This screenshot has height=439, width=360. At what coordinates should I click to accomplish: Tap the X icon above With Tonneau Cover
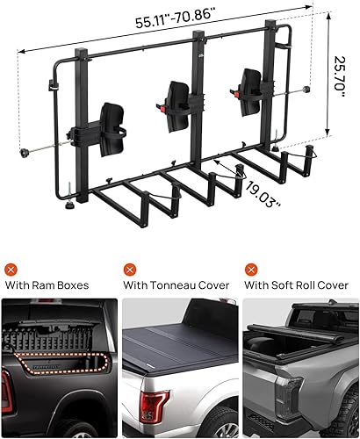[x=130, y=269]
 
